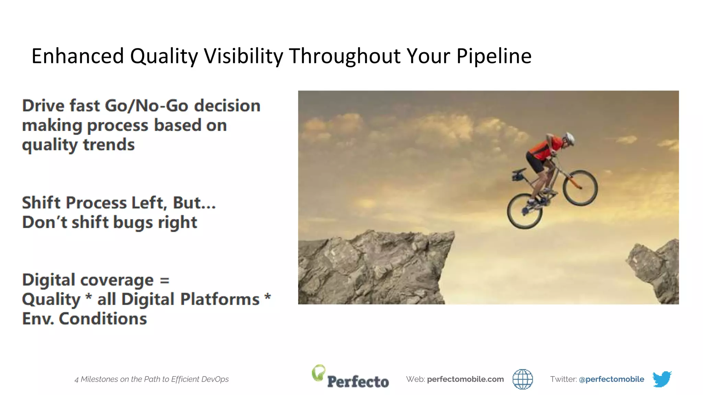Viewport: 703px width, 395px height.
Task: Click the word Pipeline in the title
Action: [494, 56]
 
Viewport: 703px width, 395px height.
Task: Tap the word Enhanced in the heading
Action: [78, 56]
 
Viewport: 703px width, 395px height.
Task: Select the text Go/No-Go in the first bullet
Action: [147, 106]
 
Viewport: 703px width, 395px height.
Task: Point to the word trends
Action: [109, 144]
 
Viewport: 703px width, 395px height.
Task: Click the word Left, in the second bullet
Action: [149, 203]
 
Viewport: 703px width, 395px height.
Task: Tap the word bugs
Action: [133, 223]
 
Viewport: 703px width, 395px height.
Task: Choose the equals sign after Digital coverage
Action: [165, 280]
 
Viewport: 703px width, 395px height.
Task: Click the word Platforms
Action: [220, 299]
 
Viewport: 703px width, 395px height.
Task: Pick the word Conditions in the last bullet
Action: [103, 319]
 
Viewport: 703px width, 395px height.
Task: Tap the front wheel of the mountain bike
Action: [580, 188]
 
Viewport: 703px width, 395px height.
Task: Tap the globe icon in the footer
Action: [522, 379]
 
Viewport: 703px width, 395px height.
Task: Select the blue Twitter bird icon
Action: [662, 379]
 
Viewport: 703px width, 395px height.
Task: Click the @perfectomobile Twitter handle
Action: [611, 379]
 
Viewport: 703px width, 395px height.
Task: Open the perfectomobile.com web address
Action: [465, 379]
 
